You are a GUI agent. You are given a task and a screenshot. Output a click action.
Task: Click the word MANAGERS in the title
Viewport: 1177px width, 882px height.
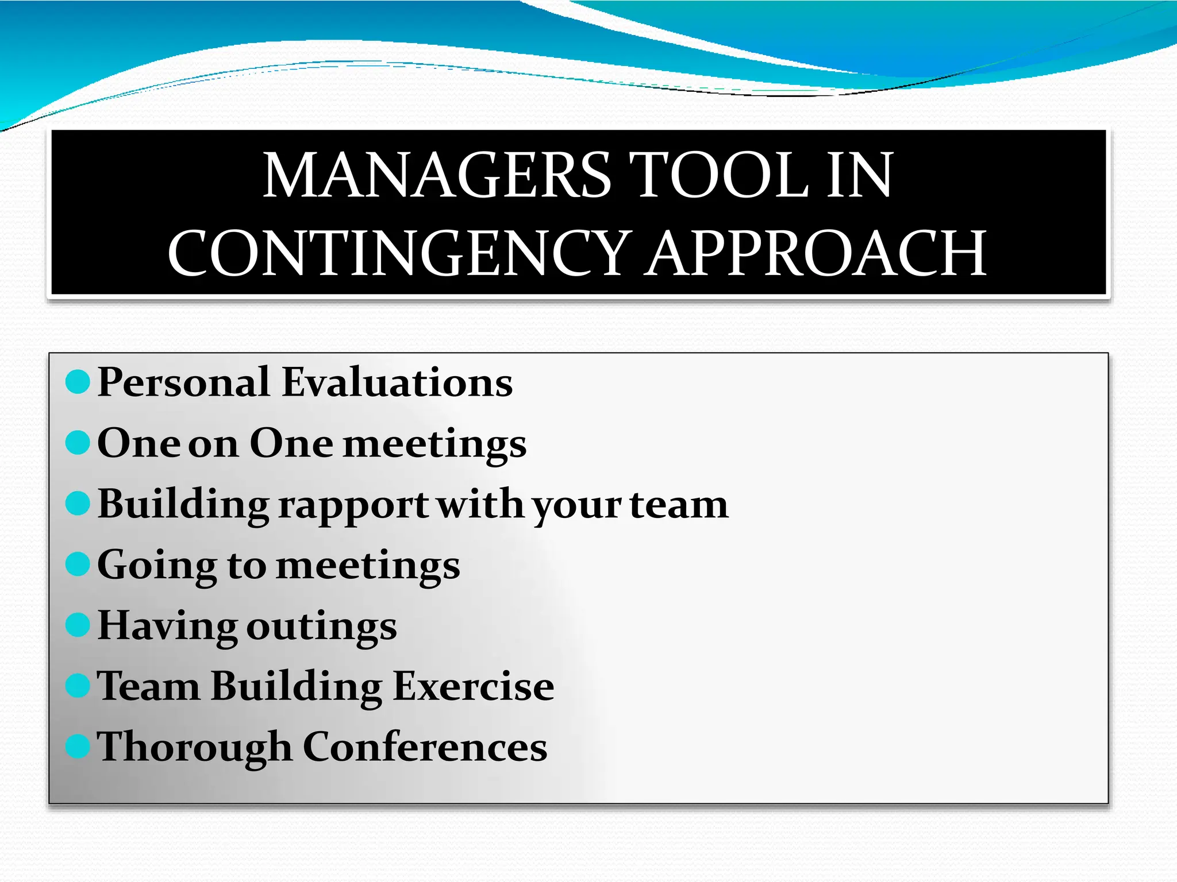437,175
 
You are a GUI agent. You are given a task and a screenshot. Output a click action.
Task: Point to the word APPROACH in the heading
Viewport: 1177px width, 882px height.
816,253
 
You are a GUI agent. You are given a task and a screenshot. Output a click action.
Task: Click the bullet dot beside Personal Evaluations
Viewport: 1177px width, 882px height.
78,382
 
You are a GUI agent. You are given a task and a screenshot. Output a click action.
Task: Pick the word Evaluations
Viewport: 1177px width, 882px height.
397,382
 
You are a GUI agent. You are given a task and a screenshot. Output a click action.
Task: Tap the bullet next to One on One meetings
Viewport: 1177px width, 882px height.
78,443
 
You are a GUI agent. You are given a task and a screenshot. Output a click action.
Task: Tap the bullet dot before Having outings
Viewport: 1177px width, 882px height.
78,625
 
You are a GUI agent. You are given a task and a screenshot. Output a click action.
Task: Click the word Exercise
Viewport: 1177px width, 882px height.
474,686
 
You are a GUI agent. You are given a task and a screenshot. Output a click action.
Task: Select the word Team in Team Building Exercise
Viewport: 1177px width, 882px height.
148,686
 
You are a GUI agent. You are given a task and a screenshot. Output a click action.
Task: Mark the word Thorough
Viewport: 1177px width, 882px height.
194,748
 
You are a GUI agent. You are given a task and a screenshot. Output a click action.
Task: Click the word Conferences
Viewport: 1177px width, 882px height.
425,747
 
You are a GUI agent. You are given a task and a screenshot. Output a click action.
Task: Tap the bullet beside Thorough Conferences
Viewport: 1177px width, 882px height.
78,746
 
